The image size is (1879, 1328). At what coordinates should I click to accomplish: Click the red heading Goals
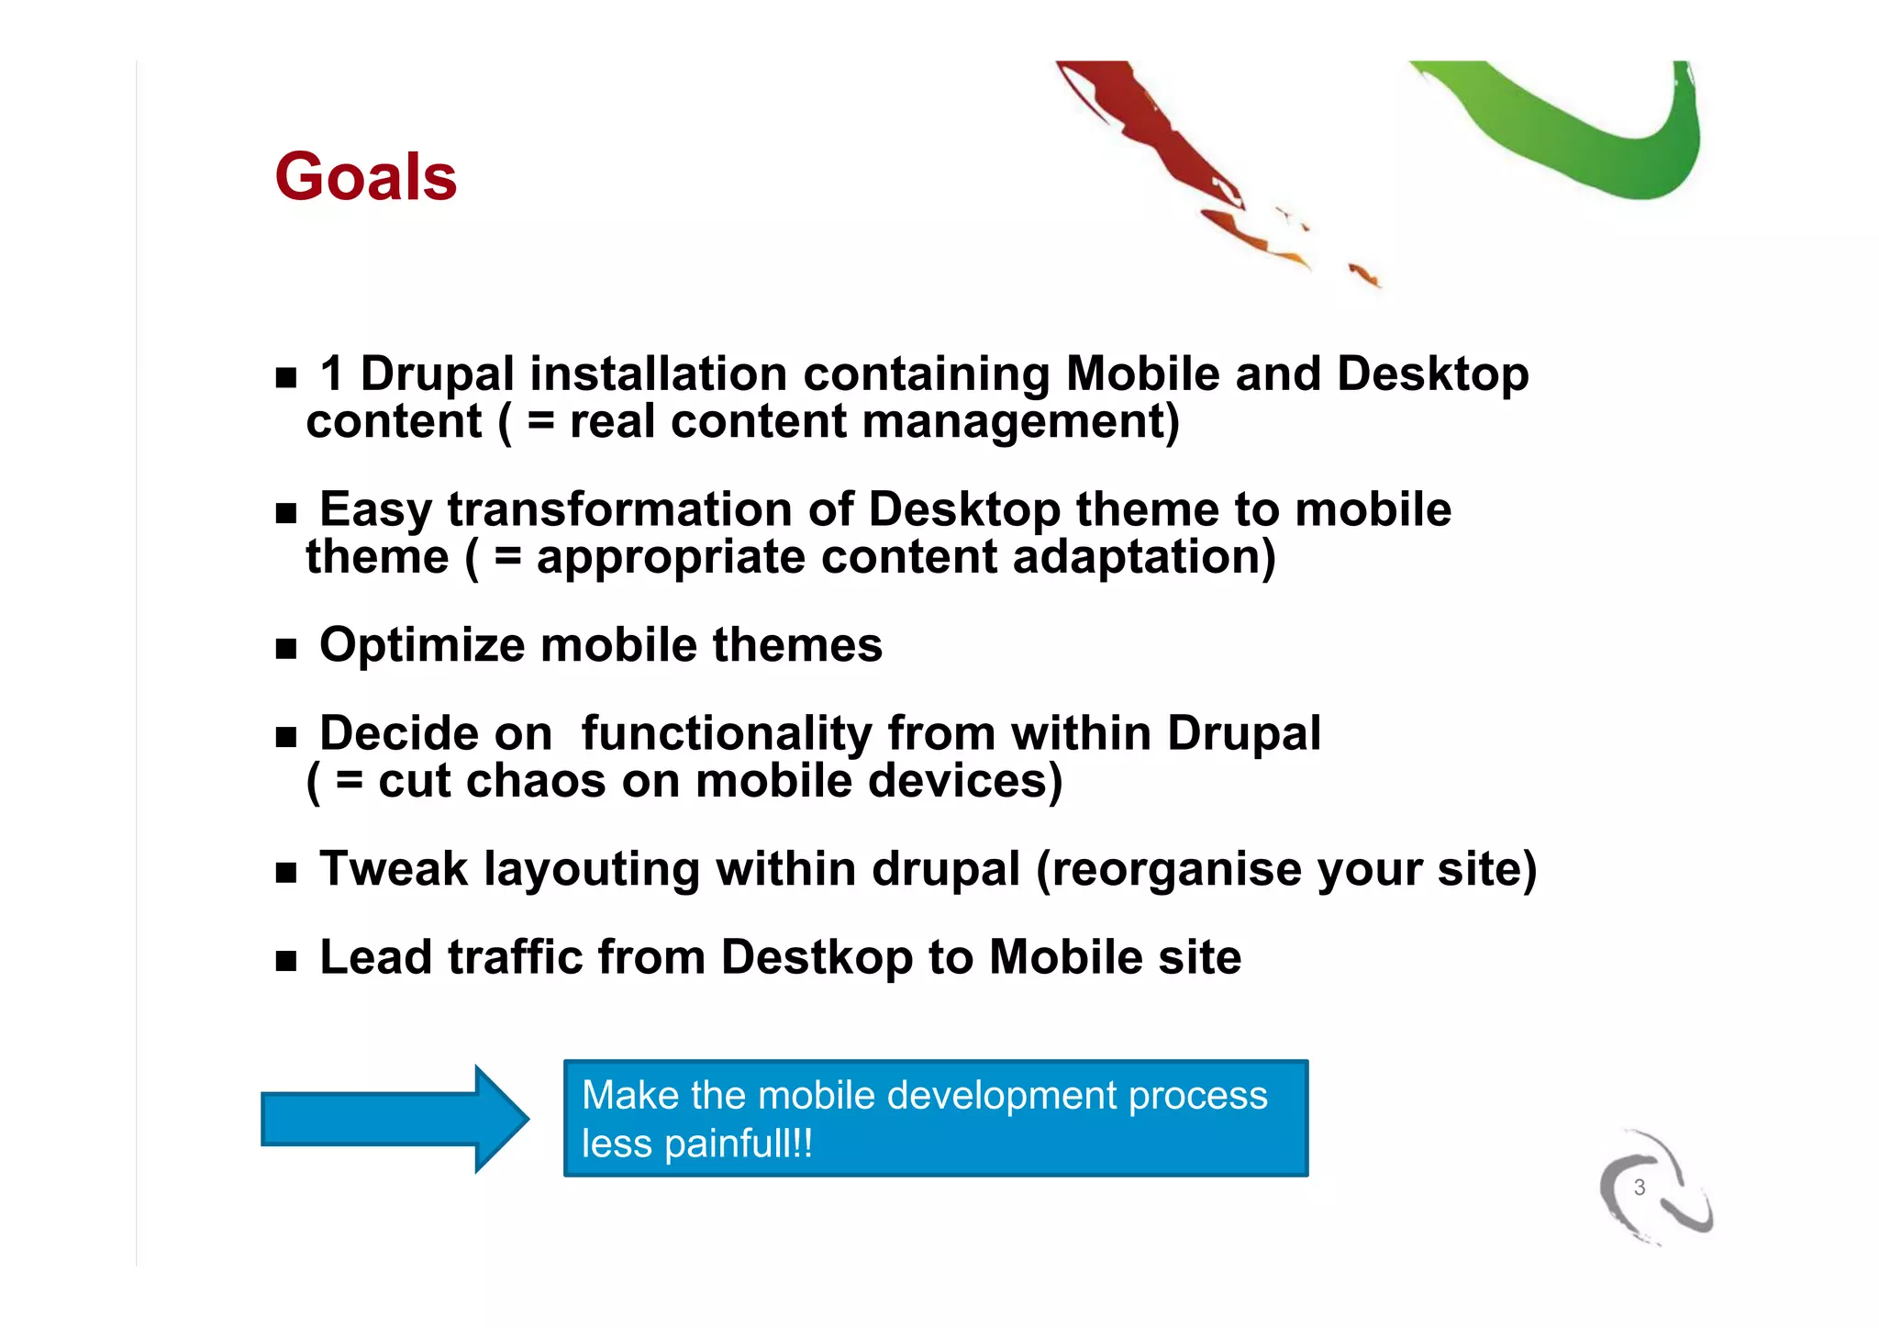tap(365, 176)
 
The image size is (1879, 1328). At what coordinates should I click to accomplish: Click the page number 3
tap(1640, 1188)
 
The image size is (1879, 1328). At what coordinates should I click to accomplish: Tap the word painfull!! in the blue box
tap(738, 1144)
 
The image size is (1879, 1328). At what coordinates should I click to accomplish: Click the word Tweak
tap(394, 868)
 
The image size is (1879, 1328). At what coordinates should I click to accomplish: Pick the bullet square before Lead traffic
tap(286, 961)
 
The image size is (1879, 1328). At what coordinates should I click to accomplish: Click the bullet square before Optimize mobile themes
tap(286, 649)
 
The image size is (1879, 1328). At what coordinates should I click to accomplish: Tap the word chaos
tap(537, 781)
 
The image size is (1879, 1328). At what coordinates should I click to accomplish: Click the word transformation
tap(619, 509)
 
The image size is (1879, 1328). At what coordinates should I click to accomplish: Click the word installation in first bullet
tap(658, 374)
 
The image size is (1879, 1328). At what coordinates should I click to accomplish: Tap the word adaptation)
tap(1143, 557)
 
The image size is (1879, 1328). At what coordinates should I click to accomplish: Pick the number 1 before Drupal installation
tap(332, 374)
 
